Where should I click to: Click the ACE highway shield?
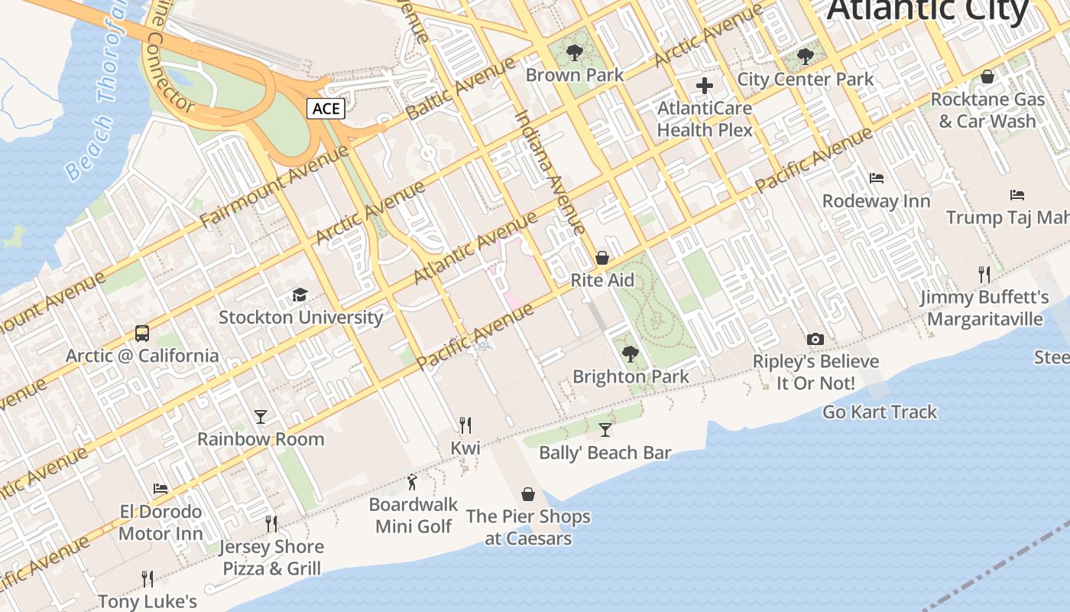(x=326, y=109)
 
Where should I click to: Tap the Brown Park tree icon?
(x=575, y=53)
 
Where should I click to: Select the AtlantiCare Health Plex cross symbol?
(x=705, y=86)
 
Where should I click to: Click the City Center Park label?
(x=805, y=79)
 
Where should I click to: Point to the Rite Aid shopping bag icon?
(x=602, y=258)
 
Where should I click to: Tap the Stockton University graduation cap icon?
(x=300, y=295)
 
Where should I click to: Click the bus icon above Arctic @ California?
(x=142, y=334)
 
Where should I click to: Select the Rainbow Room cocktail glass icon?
(x=261, y=417)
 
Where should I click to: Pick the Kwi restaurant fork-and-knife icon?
(x=465, y=425)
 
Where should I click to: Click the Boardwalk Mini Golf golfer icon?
(x=413, y=482)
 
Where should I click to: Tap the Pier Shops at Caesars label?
(x=528, y=527)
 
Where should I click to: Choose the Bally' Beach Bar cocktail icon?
(x=605, y=430)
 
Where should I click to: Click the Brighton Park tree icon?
(x=631, y=353)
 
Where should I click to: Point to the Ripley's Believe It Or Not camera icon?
(x=815, y=339)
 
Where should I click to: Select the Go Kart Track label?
(x=879, y=412)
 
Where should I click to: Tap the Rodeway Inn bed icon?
(x=877, y=178)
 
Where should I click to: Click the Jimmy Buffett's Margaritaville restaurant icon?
(x=984, y=274)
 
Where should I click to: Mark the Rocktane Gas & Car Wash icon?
(x=987, y=77)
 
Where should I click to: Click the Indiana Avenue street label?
(x=549, y=172)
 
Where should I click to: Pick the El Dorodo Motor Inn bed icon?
(x=160, y=488)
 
